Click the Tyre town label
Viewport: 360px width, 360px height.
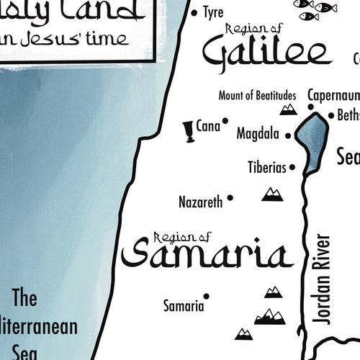213,13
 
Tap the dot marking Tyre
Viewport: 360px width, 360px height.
194,12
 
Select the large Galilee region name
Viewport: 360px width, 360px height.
266,52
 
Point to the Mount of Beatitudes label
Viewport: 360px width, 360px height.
257,95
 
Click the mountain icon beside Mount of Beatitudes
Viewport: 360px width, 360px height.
289,109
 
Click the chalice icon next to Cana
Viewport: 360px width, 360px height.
188,130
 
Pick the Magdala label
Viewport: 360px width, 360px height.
258,133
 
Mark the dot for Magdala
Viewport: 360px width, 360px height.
288,135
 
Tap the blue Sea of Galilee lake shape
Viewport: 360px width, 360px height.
314,140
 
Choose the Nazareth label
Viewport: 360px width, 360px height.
201,202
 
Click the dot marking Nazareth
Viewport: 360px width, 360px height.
230,197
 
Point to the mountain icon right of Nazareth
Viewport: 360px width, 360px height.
272,193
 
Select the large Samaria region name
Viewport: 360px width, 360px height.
207,255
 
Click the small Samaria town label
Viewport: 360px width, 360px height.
184,306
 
